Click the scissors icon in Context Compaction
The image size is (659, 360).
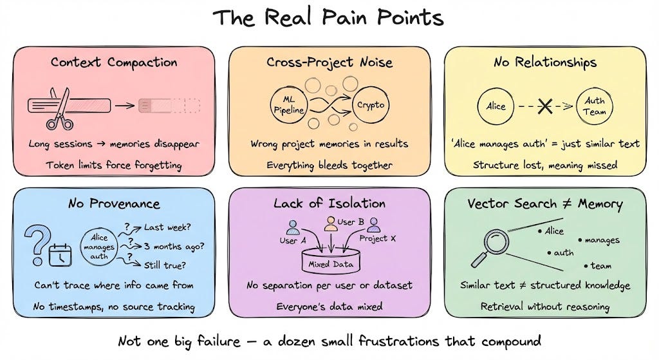[60, 108]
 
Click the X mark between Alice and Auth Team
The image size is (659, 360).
[545, 106]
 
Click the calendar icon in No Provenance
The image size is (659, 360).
[60, 255]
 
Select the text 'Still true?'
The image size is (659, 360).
[165, 265]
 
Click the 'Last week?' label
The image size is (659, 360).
[167, 227]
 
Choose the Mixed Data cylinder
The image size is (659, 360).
[331, 261]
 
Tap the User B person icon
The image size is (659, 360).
[331, 223]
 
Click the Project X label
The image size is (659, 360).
[377, 238]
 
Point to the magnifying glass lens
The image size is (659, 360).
[496, 242]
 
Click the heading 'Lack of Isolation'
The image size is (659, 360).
[329, 204]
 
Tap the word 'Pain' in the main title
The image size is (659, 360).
[344, 17]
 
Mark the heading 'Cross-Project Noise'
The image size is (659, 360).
[329, 62]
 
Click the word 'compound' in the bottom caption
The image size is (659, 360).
[511, 341]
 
